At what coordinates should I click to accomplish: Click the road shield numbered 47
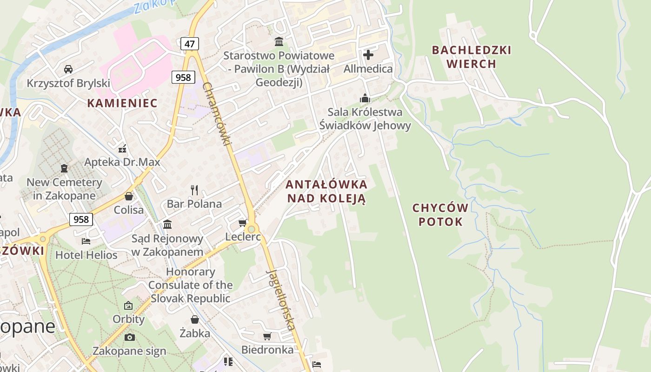click(190, 44)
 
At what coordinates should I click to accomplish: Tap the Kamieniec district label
click(122, 103)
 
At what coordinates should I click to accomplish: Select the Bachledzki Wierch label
click(472, 57)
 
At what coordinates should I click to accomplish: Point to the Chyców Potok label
click(440, 214)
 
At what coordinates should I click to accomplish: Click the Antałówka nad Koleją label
click(327, 191)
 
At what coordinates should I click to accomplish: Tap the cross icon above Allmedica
click(368, 55)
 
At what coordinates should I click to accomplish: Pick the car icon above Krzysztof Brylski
click(68, 69)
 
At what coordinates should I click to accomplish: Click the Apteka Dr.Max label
click(122, 162)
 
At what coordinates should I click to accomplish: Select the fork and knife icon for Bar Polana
click(194, 190)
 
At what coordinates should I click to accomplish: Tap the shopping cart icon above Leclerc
click(243, 223)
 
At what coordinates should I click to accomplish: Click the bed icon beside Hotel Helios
click(86, 241)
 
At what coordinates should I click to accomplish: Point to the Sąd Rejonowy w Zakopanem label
click(167, 245)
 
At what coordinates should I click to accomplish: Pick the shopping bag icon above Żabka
click(195, 319)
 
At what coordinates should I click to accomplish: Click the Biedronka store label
click(267, 350)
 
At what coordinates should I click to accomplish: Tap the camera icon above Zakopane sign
click(129, 337)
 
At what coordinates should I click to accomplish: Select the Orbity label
click(128, 319)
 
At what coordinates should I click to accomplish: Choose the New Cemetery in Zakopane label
click(64, 189)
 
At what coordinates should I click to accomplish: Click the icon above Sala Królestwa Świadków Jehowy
click(365, 98)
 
